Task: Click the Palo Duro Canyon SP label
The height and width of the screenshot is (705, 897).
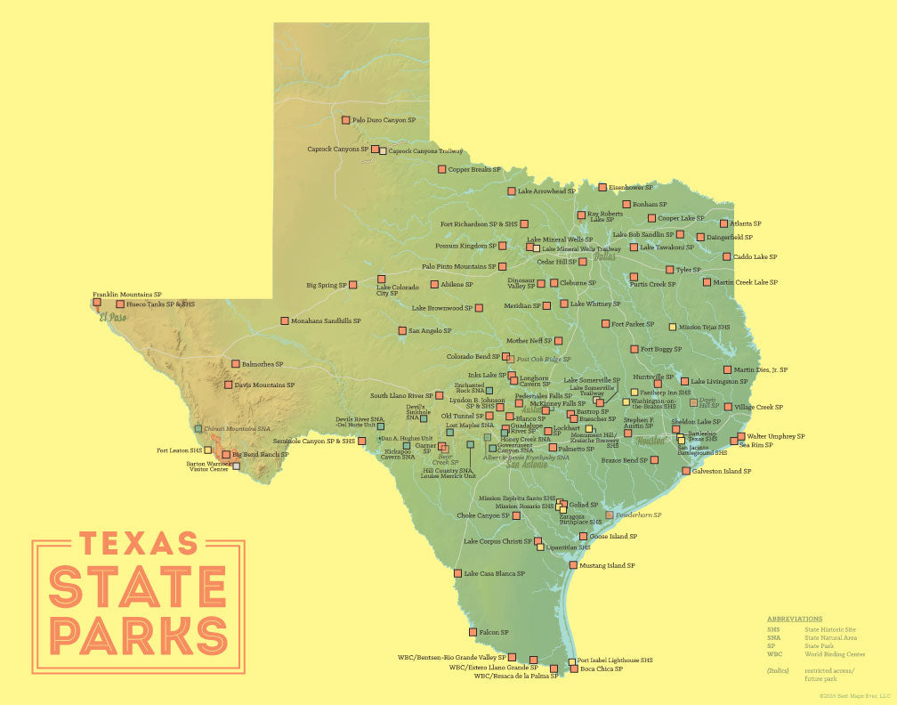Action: click(x=384, y=119)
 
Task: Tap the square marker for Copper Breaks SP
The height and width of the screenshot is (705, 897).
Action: click(x=441, y=169)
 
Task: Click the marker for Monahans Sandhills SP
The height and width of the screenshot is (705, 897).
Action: click(x=284, y=320)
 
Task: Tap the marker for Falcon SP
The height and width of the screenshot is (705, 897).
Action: click(x=473, y=632)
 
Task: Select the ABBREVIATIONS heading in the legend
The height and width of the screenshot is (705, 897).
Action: click(x=795, y=619)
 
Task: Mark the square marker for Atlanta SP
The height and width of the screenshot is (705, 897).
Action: click(x=723, y=223)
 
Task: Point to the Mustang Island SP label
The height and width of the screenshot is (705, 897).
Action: click(x=607, y=565)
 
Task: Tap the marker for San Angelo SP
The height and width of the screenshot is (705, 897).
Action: click(x=401, y=331)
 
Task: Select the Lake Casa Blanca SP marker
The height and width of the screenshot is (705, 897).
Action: click(x=457, y=574)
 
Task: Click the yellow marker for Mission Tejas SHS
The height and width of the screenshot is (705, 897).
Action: click(x=673, y=327)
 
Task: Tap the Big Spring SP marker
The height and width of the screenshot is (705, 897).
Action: click(x=353, y=285)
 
